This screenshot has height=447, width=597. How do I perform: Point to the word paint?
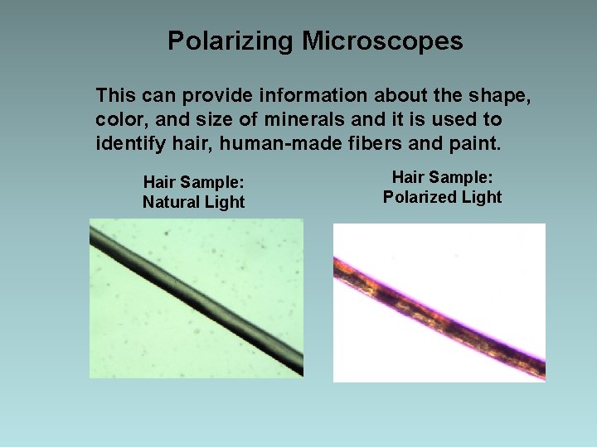click(473, 143)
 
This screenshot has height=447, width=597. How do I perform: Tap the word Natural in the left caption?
click(173, 202)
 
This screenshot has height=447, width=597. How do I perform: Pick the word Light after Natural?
click(226, 202)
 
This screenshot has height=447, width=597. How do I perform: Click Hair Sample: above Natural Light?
click(193, 182)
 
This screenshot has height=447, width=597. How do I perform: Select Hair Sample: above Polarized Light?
click(442, 176)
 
